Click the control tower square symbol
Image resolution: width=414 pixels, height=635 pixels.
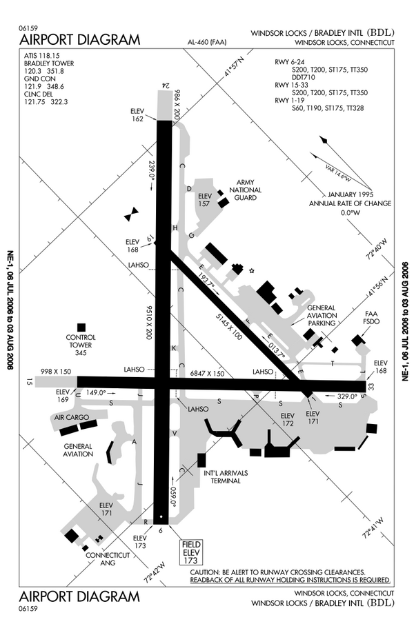pos(81,327)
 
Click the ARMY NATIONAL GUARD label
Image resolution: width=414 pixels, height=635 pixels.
pos(246,190)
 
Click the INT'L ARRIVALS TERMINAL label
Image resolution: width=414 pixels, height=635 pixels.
pos(221,476)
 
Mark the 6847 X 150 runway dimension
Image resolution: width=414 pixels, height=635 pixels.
pos(208,374)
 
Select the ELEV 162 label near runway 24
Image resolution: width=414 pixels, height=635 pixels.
pos(137,114)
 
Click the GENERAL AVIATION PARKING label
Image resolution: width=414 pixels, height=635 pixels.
pos(322,315)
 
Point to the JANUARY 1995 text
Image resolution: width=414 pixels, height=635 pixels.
pos(350,194)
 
